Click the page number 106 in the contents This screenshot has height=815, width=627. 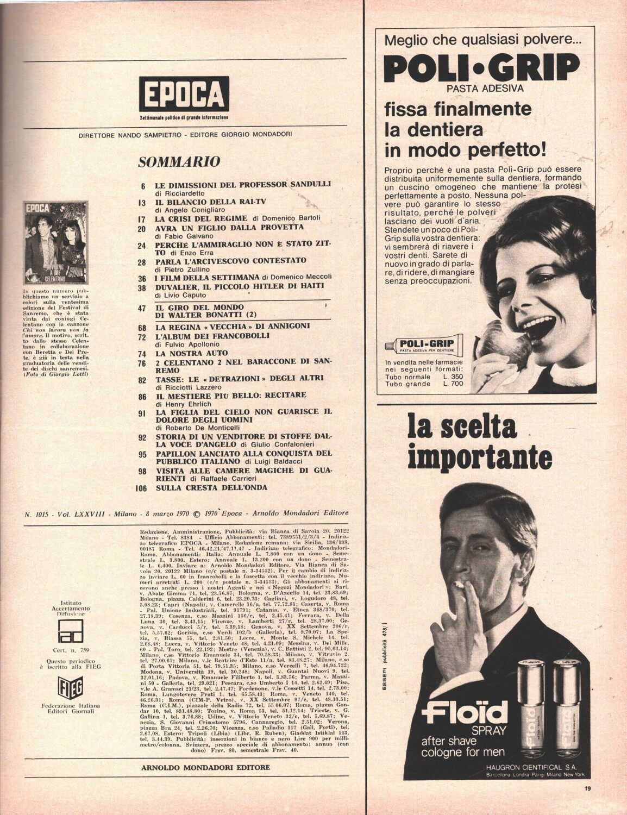click(140, 487)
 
